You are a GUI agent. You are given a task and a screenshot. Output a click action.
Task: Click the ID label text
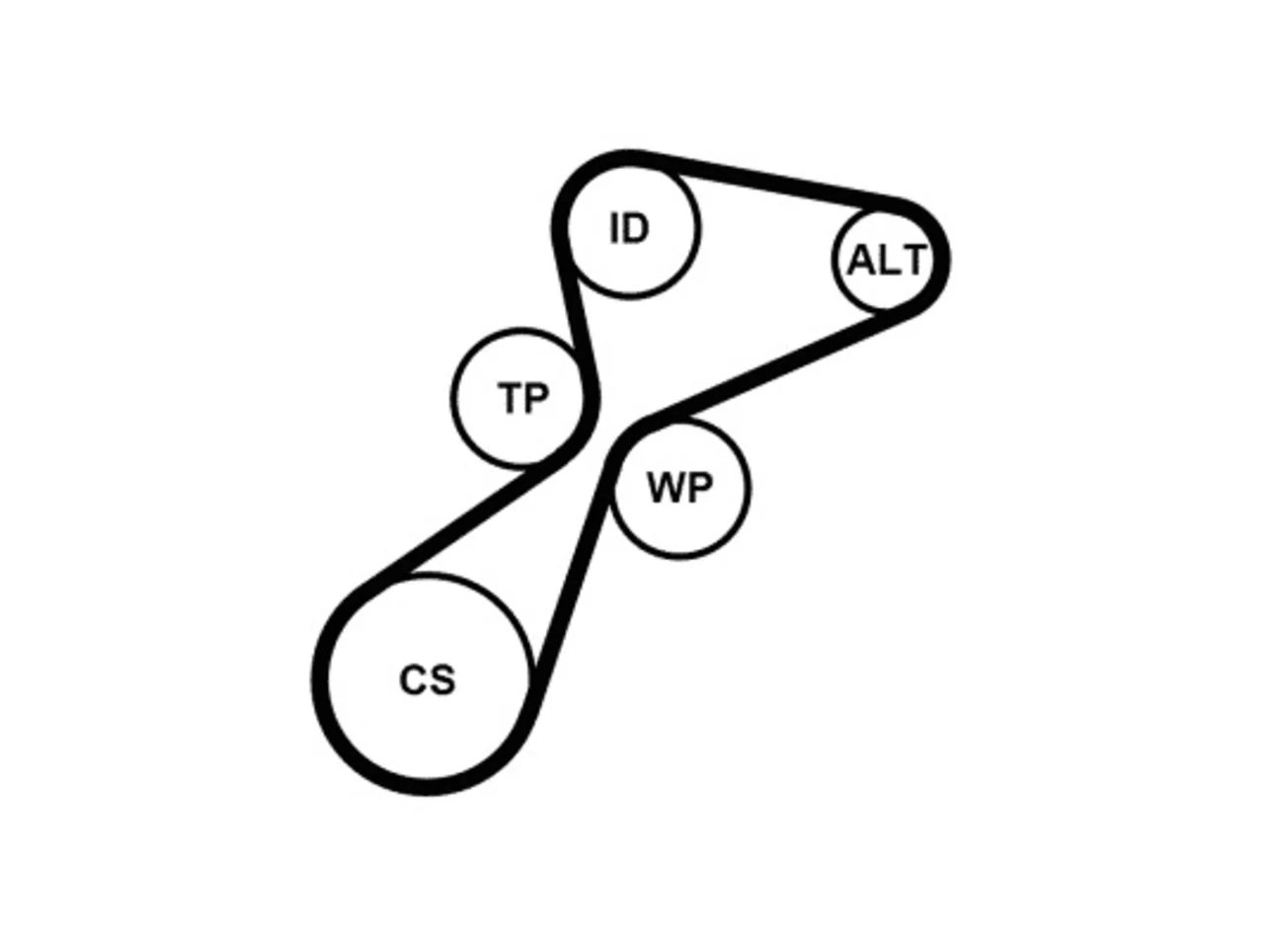click(x=629, y=228)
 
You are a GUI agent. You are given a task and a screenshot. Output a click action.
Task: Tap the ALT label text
click(x=887, y=260)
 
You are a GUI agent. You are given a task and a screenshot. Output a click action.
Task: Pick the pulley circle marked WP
click(x=679, y=488)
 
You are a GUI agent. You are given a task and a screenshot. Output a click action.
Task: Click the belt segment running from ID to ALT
click(x=771, y=178)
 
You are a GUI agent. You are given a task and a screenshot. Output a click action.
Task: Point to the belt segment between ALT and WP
click(x=777, y=365)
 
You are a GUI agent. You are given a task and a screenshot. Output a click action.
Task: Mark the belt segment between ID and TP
click(x=575, y=311)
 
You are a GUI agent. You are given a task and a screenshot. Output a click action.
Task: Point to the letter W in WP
click(x=664, y=488)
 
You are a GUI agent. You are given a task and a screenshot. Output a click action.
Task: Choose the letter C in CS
click(x=414, y=679)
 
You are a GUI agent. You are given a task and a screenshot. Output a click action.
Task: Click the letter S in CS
click(x=442, y=679)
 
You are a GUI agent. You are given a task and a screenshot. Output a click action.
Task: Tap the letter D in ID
click(x=636, y=228)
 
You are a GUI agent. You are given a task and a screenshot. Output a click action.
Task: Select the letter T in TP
click(x=511, y=398)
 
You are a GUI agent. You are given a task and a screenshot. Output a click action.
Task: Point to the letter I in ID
click(x=614, y=228)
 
